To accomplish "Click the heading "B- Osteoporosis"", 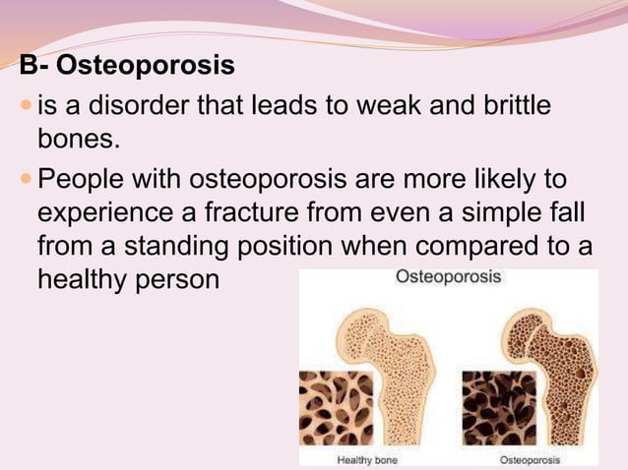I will [x=128, y=67].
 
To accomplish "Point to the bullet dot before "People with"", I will [x=26, y=180].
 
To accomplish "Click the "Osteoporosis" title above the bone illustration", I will [x=448, y=276].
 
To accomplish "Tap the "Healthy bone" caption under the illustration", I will [x=367, y=459].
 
